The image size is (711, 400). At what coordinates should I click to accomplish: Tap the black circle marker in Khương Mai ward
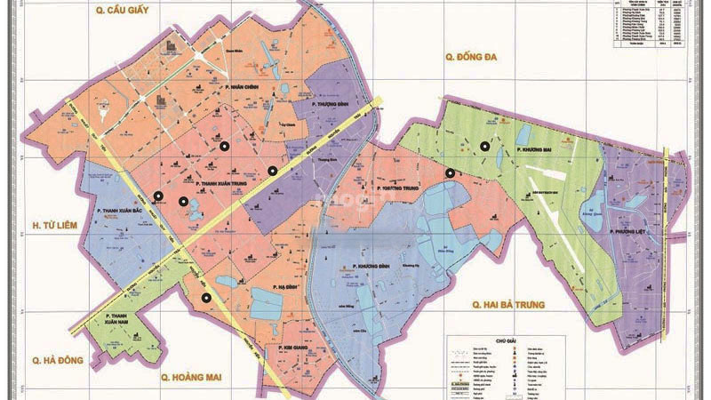[485, 147]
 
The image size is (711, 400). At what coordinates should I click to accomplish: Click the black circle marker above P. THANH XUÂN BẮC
[158, 196]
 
